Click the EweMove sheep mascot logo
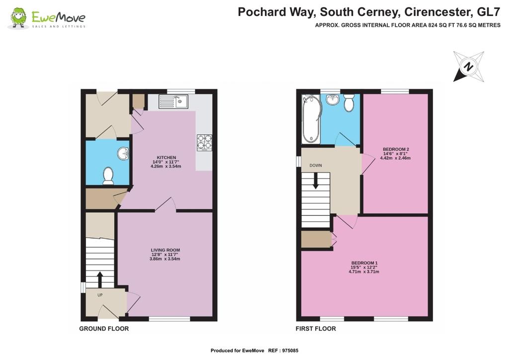18,18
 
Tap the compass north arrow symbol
469,67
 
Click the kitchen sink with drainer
173,101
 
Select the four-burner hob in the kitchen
204,143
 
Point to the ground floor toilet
108,176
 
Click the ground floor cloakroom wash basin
123,154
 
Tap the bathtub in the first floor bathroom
311,119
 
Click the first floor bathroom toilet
349,102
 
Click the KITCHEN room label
167,158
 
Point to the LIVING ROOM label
165,250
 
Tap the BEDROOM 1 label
364,263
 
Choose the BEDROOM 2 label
396,149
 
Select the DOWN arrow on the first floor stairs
315,181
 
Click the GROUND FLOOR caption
104,329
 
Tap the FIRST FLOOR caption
316,329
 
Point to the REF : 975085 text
283,351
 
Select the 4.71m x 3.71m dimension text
364,271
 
